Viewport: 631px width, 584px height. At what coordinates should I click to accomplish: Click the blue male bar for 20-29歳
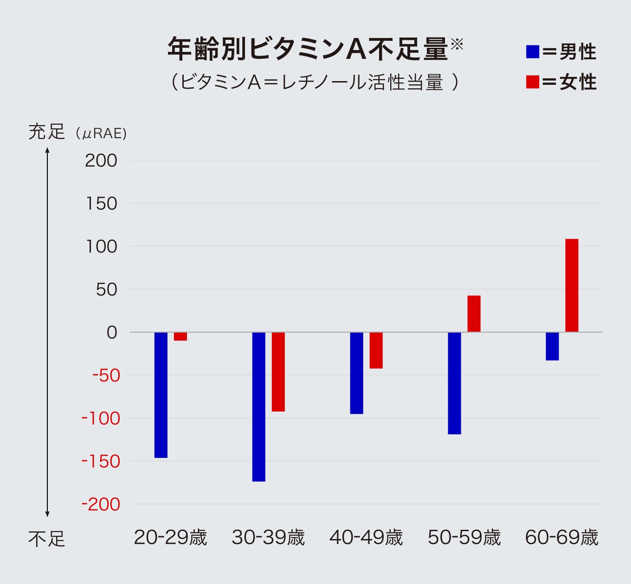(x=161, y=395)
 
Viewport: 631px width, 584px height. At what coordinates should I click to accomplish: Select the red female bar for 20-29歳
(x=180, y=336)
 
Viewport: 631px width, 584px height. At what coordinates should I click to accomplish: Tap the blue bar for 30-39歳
(x=259, y=406)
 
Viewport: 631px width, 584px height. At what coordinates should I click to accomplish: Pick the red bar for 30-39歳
(x=278, y=372)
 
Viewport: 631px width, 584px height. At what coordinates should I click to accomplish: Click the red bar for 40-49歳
(x=376, y=350)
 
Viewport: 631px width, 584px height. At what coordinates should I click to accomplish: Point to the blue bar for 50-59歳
(x=455, y=383)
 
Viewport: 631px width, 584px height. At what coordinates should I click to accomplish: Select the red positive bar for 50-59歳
(x=474, y=314)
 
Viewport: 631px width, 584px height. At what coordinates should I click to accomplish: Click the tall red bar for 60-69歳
(x=572, y=286)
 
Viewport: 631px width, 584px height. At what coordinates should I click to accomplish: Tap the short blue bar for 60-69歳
(x=552, y=346)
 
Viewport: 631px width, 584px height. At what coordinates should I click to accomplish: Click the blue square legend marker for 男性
(x=533, y=51)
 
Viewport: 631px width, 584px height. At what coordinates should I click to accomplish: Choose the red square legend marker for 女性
(x=533, y=82)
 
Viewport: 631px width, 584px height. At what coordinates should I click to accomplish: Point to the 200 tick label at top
(x=101, y=161)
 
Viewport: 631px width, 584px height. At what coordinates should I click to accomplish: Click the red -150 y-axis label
(x=101, y=462)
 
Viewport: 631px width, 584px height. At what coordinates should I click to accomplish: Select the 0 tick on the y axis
(x=112, y=332)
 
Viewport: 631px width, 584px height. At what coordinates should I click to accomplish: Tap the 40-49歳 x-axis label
(x=366, y=538)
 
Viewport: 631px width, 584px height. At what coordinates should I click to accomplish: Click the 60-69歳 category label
(x=562, y=538)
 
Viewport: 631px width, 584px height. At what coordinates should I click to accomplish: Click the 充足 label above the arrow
(x=46, y=132)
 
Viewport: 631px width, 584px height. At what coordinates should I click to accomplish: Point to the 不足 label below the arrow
(x=46, y=540)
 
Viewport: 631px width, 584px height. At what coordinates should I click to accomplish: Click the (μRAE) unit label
(x=101, y=134)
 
